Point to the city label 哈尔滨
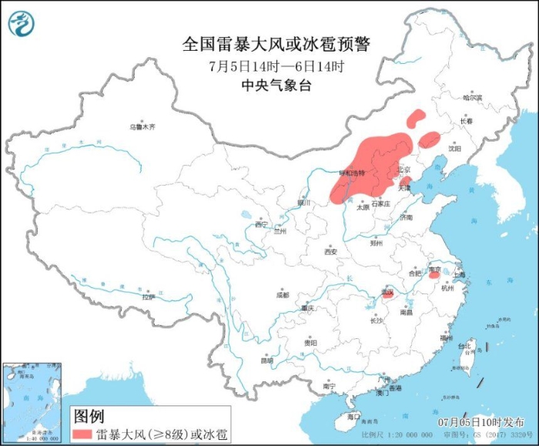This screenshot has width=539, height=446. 473,98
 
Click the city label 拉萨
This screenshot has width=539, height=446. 149,297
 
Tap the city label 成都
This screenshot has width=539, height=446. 282,294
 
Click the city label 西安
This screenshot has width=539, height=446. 330,252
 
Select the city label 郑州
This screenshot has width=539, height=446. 377,243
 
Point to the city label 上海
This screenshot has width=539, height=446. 459,273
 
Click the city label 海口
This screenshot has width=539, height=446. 353,416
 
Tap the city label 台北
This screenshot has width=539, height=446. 464,347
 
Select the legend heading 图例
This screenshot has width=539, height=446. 88,416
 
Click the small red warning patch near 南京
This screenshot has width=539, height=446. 435,275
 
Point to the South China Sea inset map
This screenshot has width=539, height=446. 31,401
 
